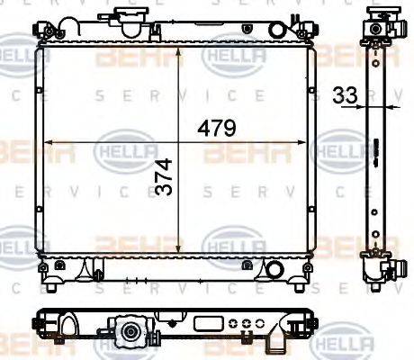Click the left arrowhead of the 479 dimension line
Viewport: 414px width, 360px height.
(x=49, y=141)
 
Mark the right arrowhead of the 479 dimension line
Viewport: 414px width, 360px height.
(x=309, y=141)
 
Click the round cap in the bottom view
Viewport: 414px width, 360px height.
(x=131, y=333)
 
